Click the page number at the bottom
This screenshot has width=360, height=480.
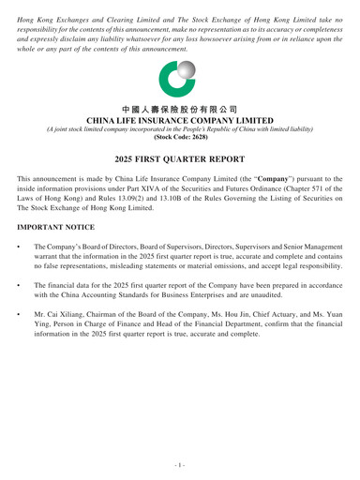click(x=180, y=462)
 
